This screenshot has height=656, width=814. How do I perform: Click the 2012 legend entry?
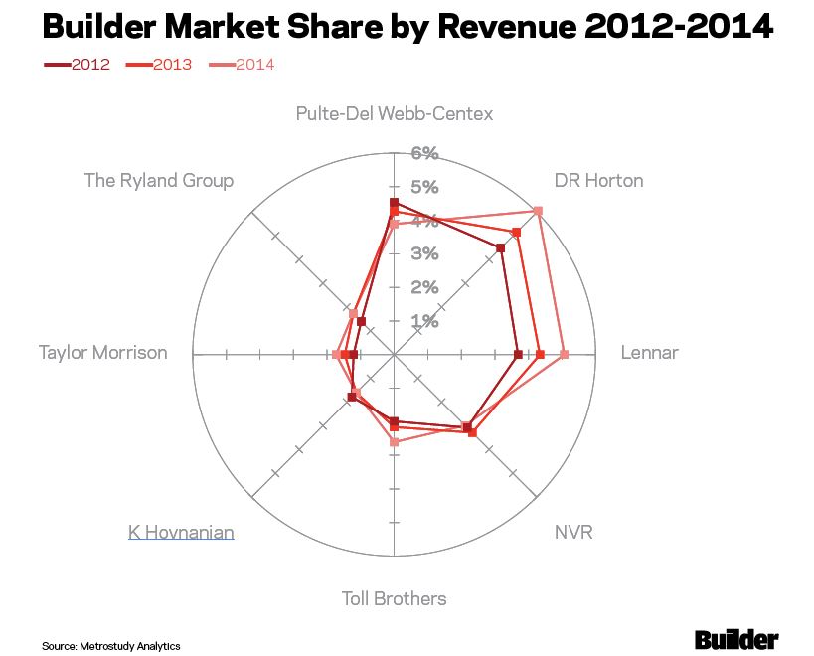tap(78, 65)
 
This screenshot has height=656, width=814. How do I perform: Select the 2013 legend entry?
tap(160, 65)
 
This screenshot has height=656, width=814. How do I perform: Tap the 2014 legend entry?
tap(242, 65)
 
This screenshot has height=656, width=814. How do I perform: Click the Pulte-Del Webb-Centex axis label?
tap(395, 113)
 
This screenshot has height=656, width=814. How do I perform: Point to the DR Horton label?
tap(598, 180)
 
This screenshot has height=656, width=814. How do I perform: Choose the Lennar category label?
tap(649, 352)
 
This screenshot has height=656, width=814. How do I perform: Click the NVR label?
tap(573, 532)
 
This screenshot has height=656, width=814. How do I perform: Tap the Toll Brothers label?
tap(395, 598)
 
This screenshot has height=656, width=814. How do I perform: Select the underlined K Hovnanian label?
tap(181, 532)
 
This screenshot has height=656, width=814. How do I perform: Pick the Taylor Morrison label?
tap(103, 352)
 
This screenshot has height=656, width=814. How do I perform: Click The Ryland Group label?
tap(159, 180)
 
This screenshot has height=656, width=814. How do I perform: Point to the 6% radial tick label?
tap(425, 153)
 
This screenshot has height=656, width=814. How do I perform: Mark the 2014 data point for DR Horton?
tap(538, 211)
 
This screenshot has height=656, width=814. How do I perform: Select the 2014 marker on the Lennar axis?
tap(564, 354)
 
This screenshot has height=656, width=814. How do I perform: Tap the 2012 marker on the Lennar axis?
tap(518, 354)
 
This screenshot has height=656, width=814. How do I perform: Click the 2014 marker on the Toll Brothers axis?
tap(395, 441)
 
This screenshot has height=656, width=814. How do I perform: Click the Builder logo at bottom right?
tap(736, 639)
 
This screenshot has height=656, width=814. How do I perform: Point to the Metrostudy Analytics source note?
tap(111, 646)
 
